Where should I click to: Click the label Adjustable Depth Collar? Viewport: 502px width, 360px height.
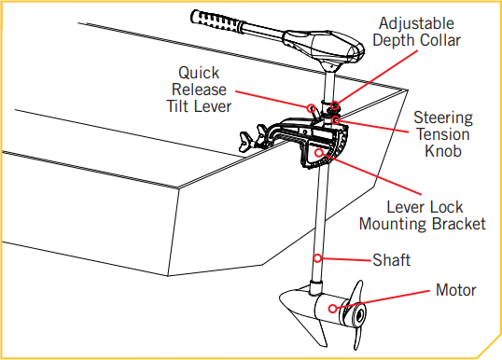(416, 32)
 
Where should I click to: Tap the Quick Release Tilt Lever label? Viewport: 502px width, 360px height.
(199, 90)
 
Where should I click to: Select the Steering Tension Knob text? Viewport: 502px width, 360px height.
(443, 134)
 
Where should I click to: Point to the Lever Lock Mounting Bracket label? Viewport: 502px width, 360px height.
(423, 215)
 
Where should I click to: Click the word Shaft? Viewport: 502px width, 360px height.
(391, 260)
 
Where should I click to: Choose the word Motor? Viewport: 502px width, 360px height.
(456, 290)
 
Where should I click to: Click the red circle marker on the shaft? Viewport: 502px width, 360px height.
(317, 258)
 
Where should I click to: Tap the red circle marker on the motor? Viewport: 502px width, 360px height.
(333, 309)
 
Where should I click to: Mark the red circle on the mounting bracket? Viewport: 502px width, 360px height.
(318, 153)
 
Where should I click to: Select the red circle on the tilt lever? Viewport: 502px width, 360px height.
(311, 108)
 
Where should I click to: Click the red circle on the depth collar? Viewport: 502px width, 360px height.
(335, 105)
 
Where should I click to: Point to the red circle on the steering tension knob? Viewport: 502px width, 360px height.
(336, 120)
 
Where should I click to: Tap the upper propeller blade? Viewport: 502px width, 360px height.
(357, 292)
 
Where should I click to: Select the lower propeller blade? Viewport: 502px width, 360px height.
(358, 337)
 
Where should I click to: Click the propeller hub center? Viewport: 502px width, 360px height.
(361, 315)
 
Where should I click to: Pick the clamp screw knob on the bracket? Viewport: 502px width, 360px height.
(245, 142)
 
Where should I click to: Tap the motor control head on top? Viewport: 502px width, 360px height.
(324, 48)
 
